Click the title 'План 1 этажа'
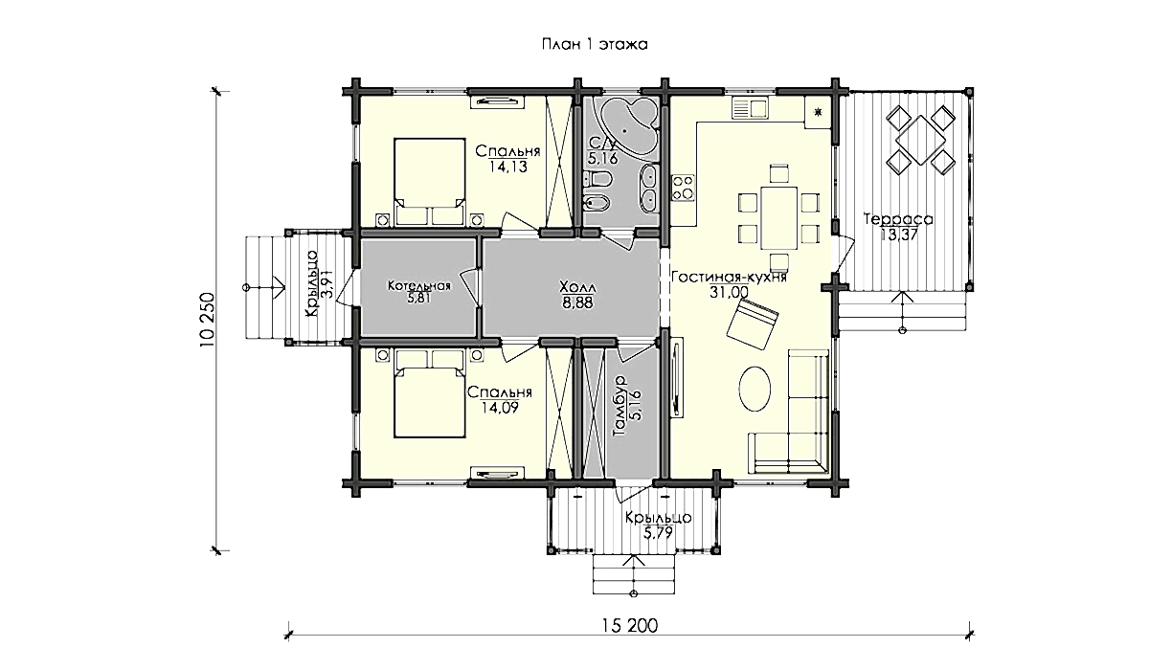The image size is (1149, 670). pos(595,45)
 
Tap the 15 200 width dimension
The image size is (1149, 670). pos(629,625)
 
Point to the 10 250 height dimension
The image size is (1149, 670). pos(207,320)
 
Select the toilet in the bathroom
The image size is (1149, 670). pos(597,179)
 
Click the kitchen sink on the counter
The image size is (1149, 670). pos(749,108)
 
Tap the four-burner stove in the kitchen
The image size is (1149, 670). pos(683,188)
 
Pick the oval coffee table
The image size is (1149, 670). pos(755,389)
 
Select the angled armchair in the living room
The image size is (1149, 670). pos(753,324)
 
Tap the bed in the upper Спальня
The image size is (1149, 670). pos(430,182)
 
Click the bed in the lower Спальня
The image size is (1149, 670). pos(430,394)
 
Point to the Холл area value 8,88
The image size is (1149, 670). pos(576,303)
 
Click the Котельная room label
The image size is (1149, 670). pos(419,285)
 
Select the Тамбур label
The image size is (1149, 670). pos(620,406)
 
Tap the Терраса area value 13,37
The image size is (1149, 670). pos(899,235)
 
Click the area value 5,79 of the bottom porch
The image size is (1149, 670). pos(658,533)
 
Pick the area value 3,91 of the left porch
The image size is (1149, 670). pos(327,284)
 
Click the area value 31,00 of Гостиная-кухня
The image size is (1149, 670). pos(729,292)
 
